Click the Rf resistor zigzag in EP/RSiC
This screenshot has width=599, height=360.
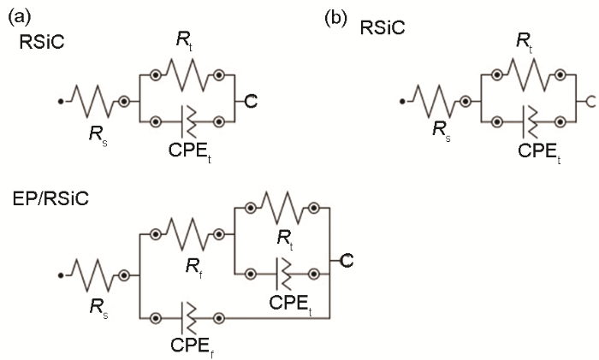[188, 232]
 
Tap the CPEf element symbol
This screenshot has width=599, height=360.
[188, 317]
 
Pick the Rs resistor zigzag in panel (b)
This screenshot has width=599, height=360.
[436, 102]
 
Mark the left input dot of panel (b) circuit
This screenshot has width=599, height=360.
[402, 103]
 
